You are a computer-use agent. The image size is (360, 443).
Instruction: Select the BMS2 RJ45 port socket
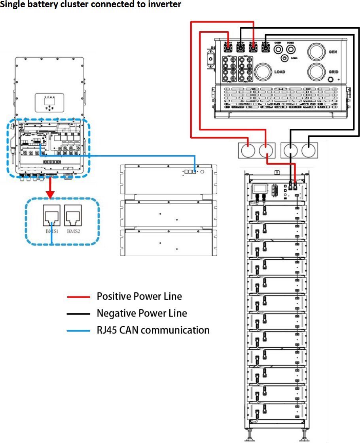(x=73, y=217)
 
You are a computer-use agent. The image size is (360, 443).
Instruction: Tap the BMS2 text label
(x=74, y=231)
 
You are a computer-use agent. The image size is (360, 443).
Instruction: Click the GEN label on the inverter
(x=332, y=52)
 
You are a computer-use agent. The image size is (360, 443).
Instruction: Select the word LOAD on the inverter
(x=280, y=72)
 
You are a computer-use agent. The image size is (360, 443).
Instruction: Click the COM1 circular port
(x=278, y=49)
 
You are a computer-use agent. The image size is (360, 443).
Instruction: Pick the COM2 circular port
(x=290, y=49)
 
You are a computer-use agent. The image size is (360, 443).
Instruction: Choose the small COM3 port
(x=284, y=58)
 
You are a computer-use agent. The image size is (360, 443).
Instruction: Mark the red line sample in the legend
(x=79, y=297)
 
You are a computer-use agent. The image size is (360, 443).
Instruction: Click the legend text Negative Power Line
(x=142, y=313)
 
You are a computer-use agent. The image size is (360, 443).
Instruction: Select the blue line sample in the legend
(x=79, y=330)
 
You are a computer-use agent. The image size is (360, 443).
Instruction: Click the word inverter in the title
(x=166, y=5)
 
